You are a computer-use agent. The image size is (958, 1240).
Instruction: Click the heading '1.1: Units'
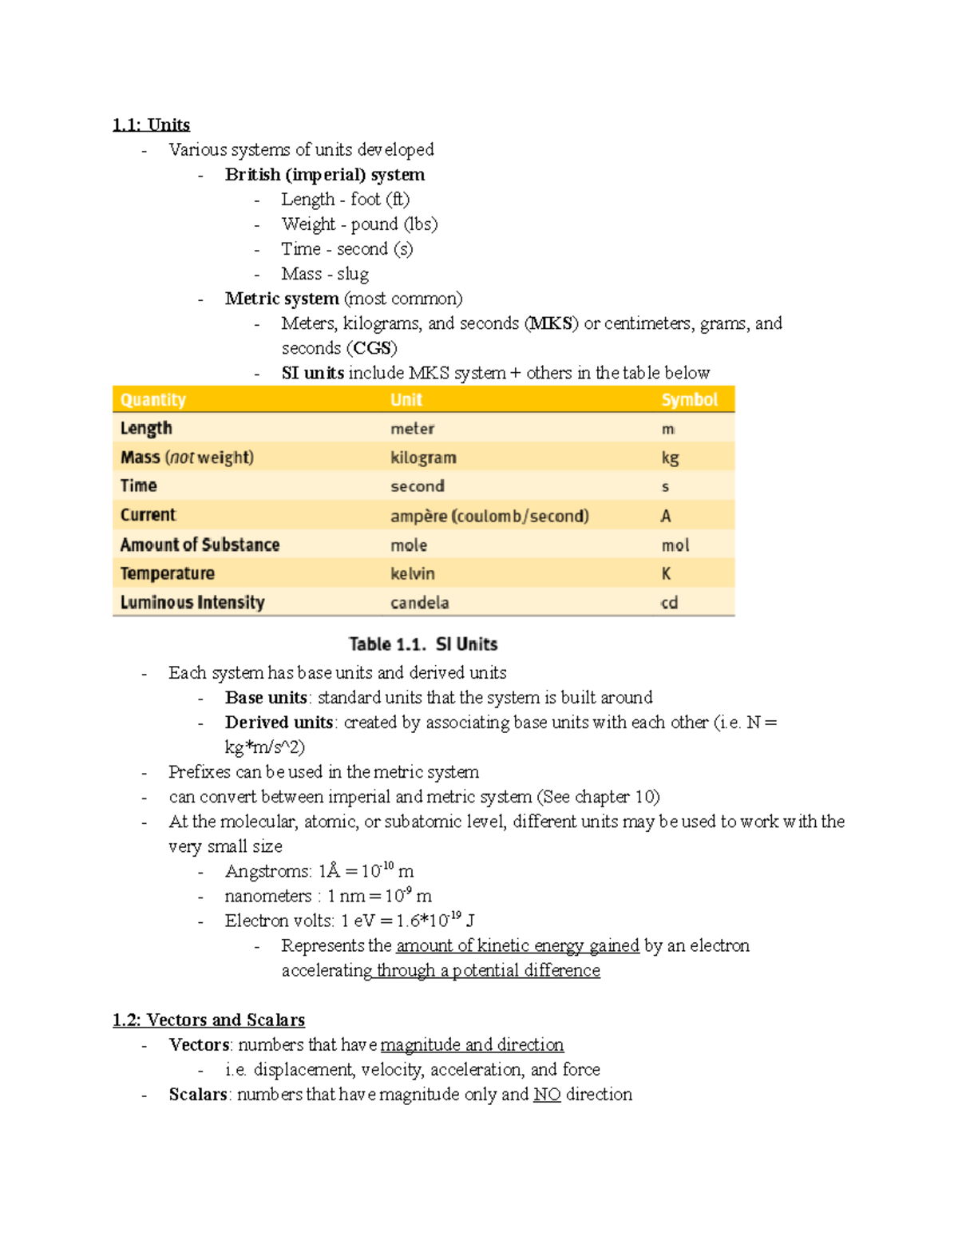[151, 125]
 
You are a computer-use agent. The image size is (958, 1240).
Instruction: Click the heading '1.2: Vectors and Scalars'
[208, 1020]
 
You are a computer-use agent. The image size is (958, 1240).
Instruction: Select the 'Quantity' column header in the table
[153, 399]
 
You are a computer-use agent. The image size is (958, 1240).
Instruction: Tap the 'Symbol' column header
[689, 399]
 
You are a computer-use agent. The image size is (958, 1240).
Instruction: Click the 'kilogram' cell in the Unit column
[423, 458]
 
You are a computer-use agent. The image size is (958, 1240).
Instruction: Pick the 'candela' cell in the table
[419, 603]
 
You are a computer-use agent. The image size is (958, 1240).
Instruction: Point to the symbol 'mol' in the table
[675, 545]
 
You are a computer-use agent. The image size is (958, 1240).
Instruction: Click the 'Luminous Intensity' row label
[192, 603]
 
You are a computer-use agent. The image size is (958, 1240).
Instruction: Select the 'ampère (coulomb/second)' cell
[489, 516]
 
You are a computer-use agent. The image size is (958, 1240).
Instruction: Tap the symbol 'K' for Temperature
[666, 574]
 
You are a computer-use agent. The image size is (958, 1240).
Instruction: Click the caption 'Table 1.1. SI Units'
[423, 644]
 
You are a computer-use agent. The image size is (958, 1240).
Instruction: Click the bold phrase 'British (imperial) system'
[325, 175]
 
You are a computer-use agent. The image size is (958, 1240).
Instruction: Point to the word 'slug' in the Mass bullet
[353, 274]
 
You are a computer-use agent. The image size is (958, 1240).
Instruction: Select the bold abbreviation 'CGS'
[371, 348]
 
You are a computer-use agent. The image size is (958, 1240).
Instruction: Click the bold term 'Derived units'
[279, 723]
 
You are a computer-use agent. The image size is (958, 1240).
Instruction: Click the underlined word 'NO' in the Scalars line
[547, 1095]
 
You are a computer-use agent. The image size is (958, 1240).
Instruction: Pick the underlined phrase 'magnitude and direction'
[472, 1045]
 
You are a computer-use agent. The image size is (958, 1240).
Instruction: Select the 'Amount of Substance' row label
[200, 545]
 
